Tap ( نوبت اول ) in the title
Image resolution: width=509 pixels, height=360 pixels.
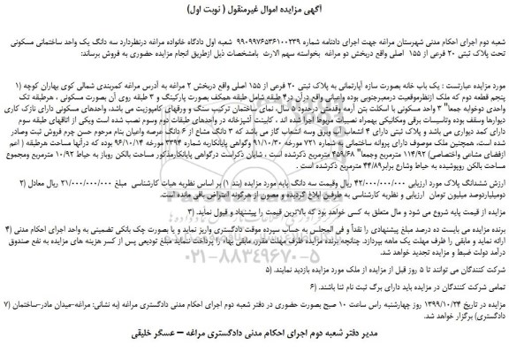(211, 12)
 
